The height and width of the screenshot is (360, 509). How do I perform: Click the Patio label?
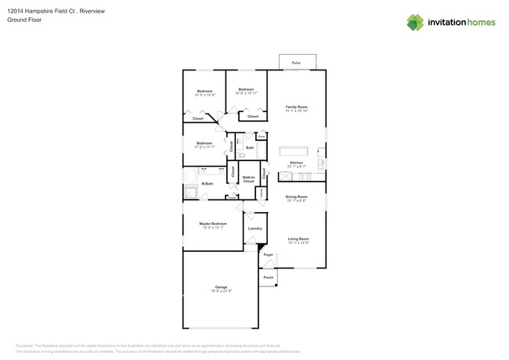point(296,63)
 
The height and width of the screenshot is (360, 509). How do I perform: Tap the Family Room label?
point(296,107)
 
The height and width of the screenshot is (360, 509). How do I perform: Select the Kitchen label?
point(296,163)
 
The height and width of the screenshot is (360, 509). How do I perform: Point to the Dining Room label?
point(296,197)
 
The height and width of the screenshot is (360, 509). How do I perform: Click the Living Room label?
point(298,239)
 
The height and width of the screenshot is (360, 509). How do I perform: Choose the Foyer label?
point(269,255)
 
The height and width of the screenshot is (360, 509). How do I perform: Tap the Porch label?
point(268,278)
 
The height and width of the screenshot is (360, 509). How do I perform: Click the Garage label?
point(221,288)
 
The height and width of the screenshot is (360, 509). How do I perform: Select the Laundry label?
point(255,229)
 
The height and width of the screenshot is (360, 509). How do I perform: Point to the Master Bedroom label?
point(213,224)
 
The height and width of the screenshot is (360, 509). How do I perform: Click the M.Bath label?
point(208,184)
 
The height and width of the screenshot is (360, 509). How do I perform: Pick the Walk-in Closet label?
point(248,179)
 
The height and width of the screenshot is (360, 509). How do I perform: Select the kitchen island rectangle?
point(295,150)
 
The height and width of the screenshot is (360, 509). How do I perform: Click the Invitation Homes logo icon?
point(415,23)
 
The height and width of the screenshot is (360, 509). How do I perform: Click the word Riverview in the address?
point(92,12)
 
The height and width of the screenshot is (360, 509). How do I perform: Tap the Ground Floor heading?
point(23,20)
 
